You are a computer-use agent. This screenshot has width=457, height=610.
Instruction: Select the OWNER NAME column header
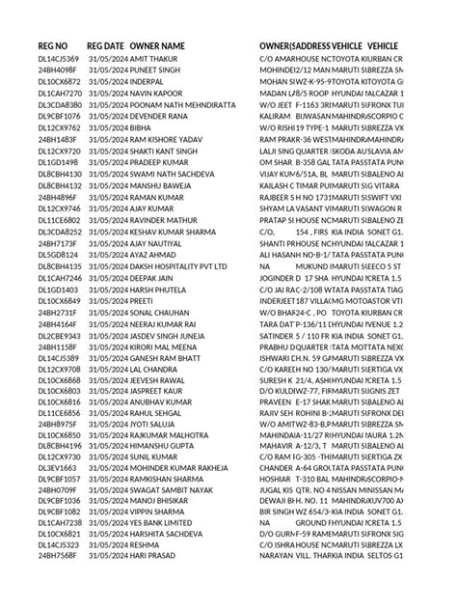(x=158, y=46)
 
